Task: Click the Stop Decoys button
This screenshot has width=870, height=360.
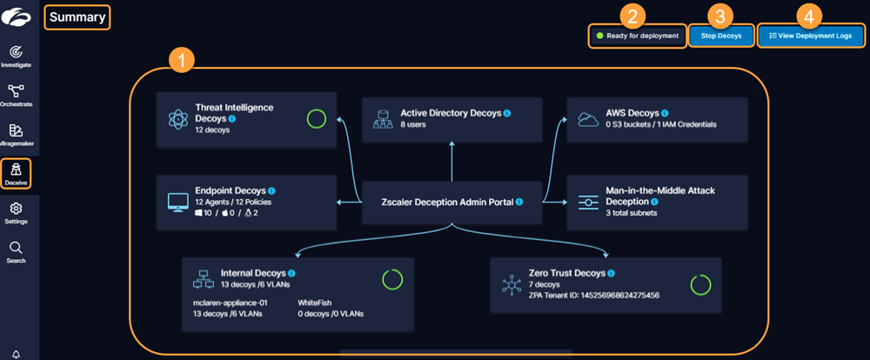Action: click(x=720, y=37)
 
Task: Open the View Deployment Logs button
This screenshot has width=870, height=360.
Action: click(x=810, y=37)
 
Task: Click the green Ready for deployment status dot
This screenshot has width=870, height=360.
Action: click(x=599, y=37)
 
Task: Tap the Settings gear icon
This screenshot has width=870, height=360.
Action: click(x=16, y=209)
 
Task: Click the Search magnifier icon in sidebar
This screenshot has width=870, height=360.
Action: click(x=16, y=248)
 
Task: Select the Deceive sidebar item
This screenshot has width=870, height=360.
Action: click(x=16, y=173)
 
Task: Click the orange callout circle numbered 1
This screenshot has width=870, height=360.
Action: click(x=180, y=61)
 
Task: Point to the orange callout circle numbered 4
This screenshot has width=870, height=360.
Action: click(x=810, y=15)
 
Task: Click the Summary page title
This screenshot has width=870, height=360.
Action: click(x=77, y=17)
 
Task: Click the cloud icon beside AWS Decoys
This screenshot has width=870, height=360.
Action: click(x=587, y=118)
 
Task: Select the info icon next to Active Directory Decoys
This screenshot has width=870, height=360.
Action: click(x=507, y=113)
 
